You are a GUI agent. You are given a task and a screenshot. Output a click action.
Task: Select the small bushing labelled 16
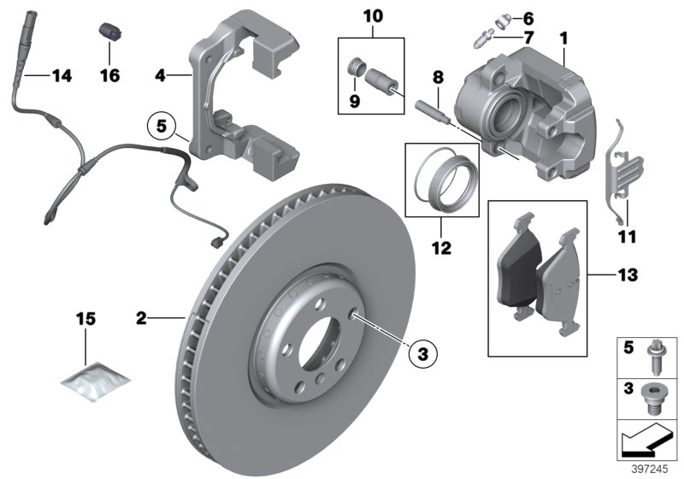(x=109, y=30)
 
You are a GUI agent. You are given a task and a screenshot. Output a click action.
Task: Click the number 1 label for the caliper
(x=563, y=38)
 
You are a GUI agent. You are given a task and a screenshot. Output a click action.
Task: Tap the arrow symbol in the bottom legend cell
(x=646, y=440)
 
